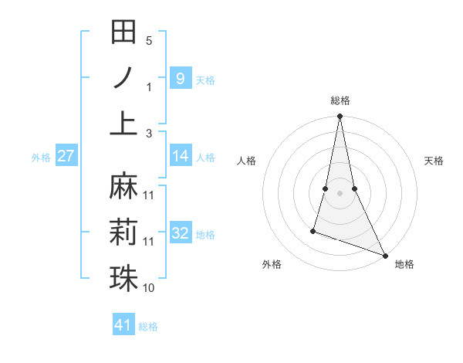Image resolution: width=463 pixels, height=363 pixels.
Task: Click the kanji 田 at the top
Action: pos(123,32)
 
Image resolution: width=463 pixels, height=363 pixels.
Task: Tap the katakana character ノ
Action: pos(123,77)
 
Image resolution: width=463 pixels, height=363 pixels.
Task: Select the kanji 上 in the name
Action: pos(123,121)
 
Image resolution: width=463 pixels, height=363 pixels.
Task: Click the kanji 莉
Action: pos(123,232)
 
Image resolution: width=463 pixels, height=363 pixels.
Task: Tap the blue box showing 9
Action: pos(180,78)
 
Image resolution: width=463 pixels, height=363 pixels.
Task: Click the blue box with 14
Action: pos(180,156)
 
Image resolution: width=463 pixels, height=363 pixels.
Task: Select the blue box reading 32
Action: pos(180,233)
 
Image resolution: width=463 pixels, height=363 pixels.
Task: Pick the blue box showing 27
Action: pos(66,156)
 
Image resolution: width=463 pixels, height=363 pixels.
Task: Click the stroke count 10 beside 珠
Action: pos(149,287)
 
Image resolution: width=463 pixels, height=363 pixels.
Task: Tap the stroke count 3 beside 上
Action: pos(149,133)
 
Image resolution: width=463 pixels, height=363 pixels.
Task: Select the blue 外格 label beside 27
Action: pos(40,158)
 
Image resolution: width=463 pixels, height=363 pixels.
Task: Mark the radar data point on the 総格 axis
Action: pos(340,117)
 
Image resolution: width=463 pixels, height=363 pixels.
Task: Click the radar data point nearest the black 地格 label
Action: pos(384,255)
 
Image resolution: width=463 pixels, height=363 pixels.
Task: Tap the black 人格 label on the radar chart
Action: pos(247,161)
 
